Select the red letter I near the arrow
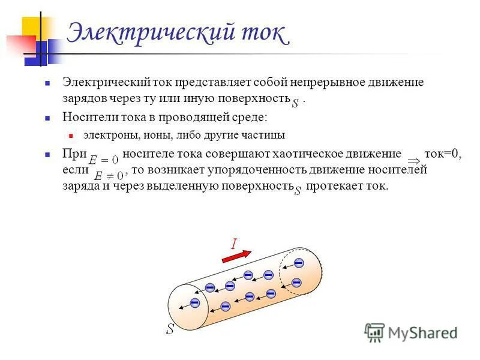click(233, 243)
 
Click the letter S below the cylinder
click(170, 329)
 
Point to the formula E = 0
click(104, 161)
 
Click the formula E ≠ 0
click(106, 176)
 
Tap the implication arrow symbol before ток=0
click(413, 161)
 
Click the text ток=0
click(443, 154)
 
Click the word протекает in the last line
click(331, 186)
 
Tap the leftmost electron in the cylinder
click(194, 303)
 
